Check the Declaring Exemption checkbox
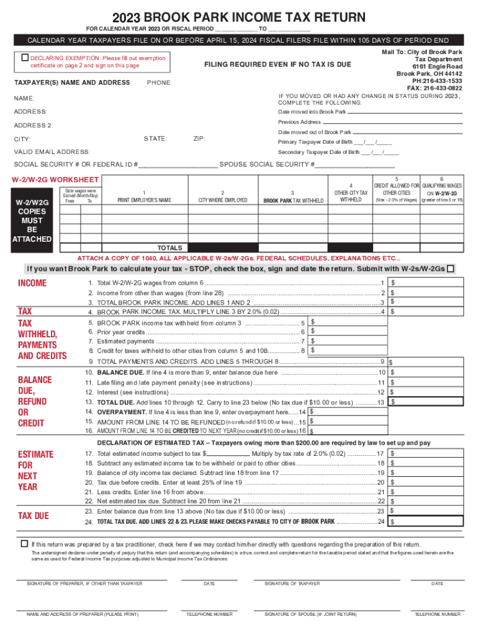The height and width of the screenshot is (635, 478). coord(25,58)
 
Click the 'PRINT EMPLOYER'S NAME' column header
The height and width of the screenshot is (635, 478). coord(144,200)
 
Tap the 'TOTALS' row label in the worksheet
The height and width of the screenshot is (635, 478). coord(169,247)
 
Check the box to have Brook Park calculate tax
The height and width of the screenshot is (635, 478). coord(451,269)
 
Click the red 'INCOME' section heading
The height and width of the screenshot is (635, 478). coord(32,283)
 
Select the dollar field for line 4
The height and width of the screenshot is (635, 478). coord(426,312)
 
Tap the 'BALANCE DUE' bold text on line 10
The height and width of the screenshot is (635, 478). coord(120,373)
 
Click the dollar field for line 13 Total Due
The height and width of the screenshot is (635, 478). coord(426,402)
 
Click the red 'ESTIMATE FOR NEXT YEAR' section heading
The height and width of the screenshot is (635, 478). coord(35,471)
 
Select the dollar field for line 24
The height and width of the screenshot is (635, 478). coord(426,522)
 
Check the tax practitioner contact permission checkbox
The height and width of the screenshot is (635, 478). coord(25,543)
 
